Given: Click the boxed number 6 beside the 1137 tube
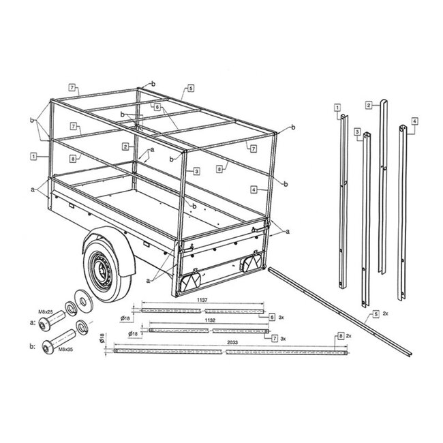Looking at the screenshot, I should (x=272, y=317).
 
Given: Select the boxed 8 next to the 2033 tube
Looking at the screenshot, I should (x=340, y=337).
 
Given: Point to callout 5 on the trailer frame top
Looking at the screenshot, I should (x=189, y=89).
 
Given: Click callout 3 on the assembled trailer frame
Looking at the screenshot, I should (x=196, y=170).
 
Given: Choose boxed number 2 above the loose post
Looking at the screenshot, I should (x=367, y=105).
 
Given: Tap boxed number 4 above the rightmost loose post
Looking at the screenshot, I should (x=414, y=121).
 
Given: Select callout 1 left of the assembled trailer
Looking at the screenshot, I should (x=33, y=156).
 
